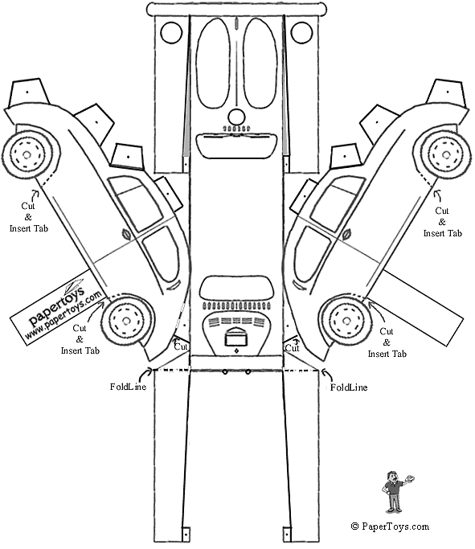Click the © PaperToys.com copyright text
pyautogui.click(x=390, y=526)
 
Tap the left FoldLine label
pyautogui.click(x=128, y=387)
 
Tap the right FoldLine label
pyautogui.click(x=349, y=387)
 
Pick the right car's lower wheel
pyautogui.click(x=346, y=321)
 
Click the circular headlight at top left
pyautogui.click(x=171, y=33)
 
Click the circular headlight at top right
pyautogui.click(x=301, y=33)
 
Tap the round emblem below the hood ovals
pyautogui.click(x=236, y=117)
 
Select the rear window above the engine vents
pyautogui.click(x=236, y=288)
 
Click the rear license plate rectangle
pyautogui.click(x=236, y=339)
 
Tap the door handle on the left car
pyautogui.click(x=125, y=233)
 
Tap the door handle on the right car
pyautogui.click(x=346, y=234)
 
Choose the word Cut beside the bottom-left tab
pyautogui.click(x=181, y=346)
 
